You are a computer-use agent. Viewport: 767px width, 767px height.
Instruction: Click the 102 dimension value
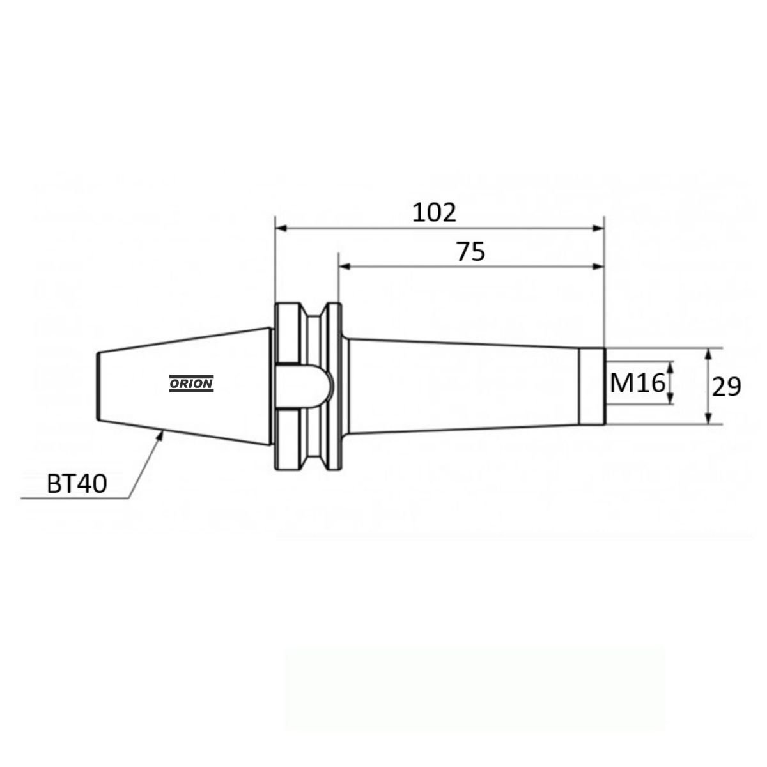click(x=434, y=213)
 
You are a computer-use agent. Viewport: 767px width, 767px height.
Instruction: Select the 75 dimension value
click(x=470, y=252)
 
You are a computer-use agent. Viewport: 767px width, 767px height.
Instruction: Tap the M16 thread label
click(x=637, y=383)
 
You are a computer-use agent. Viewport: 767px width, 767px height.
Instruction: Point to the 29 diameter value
click(x=726, y=387)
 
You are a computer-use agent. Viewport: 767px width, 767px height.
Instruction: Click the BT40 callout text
click(x=77, y=484)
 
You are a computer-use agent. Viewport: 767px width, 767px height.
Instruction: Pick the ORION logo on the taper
click(x=192, y=383)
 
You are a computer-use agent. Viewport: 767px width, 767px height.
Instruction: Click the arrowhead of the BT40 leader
click(x=160, y=435)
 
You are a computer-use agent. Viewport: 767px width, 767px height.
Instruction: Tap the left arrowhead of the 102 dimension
click(x=281, y=228)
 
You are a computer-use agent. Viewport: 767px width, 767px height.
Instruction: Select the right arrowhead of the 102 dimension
click(x=598, y=228)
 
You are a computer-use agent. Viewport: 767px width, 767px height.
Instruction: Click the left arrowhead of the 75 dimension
click(x=345, y=267)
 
